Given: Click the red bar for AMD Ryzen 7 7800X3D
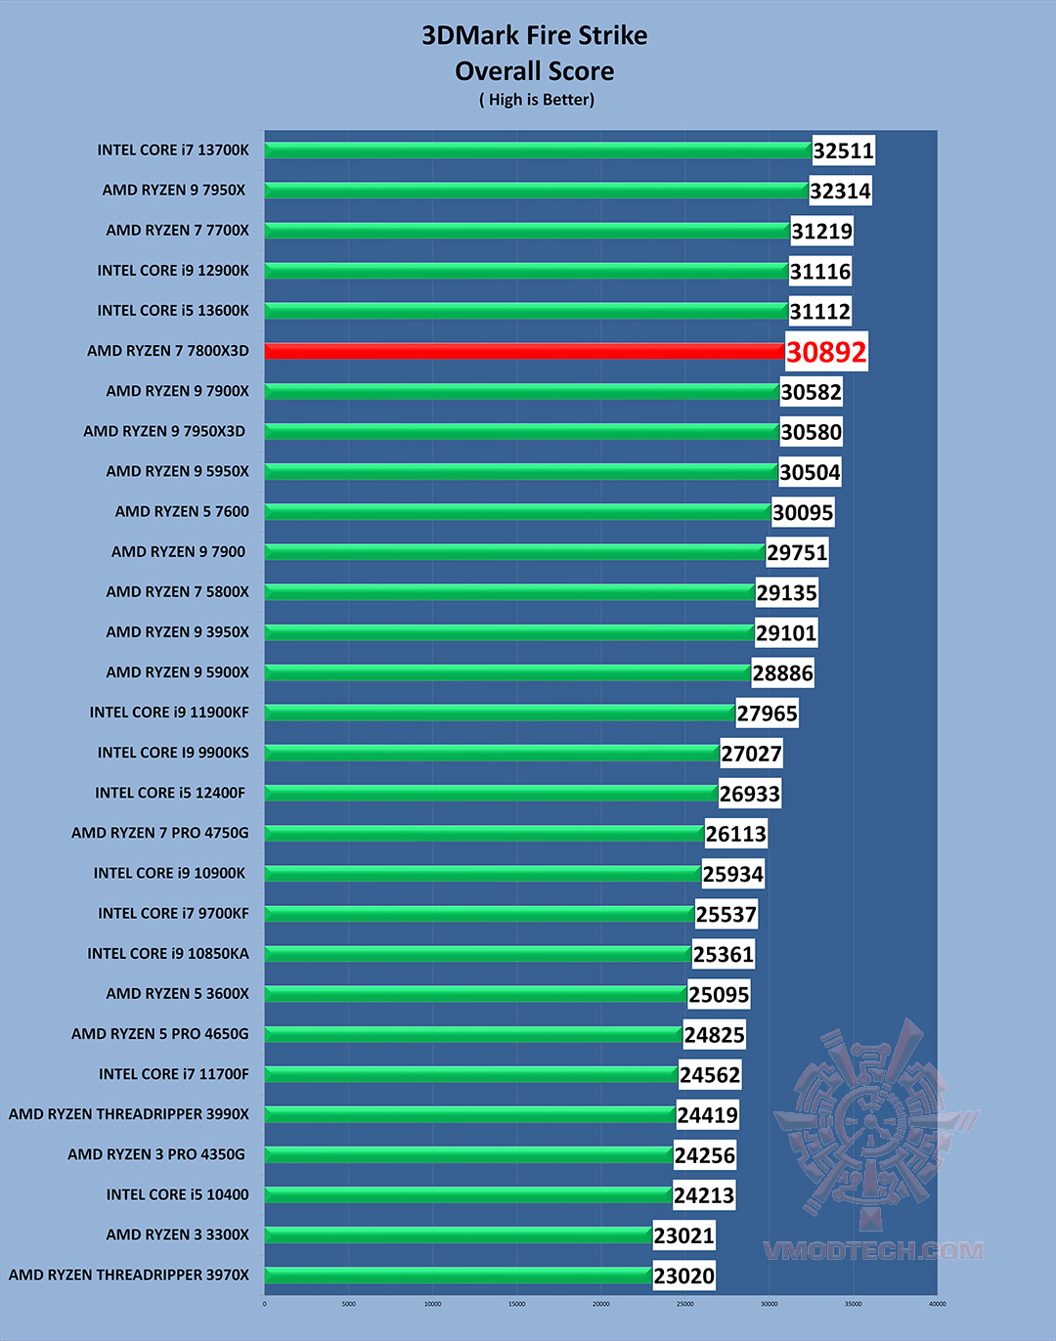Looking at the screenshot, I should [524, 351].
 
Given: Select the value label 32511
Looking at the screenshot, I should [843, 151].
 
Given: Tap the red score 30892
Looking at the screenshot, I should [826, 352].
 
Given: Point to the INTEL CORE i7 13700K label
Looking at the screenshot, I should [173, 151].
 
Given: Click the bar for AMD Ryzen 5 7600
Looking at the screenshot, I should [517, 511].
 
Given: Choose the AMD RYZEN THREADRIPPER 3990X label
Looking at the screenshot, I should [129, 1114].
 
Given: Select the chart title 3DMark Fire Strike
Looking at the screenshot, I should [535, 36].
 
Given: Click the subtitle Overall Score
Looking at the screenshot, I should [535, 71].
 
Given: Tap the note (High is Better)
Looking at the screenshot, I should [537, 100].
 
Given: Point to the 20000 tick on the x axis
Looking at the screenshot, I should [601, 1304].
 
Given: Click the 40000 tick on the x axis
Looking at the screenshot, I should [937, 1304].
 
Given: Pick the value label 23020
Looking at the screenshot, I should [683, 1276].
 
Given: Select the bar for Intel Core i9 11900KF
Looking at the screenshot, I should [500, 713].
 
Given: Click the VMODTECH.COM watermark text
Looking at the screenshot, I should [873, 1251].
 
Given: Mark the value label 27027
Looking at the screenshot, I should [751, 754].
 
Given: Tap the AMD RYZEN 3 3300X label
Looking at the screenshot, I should [177, 1234].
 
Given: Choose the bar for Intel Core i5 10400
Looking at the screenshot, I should [467, 1194].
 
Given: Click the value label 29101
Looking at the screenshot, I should [786, 633].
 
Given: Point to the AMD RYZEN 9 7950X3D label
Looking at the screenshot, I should [164, 431].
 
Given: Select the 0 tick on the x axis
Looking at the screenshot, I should [265, 1304].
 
